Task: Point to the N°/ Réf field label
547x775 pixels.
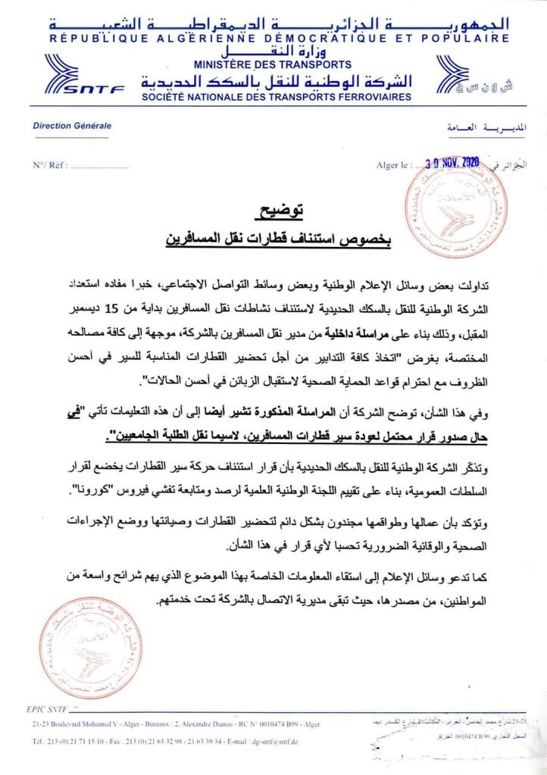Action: [x=47, y=164]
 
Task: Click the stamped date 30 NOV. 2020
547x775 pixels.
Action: [x=453, y=162]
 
